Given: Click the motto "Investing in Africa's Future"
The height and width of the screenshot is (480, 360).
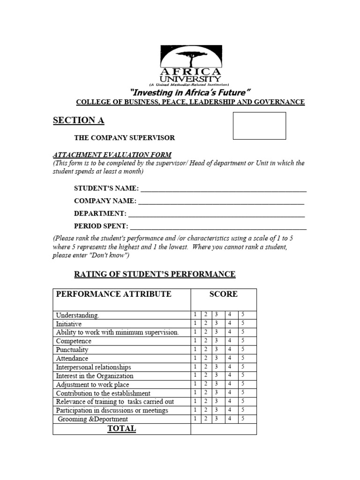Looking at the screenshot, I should pyautogui.click(x=190, y=92).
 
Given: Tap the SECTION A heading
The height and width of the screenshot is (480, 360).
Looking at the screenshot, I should pyautogui.click(x=78, y=120).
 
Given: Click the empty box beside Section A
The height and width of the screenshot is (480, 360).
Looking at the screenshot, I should pyautogui.click(x=259, y=126).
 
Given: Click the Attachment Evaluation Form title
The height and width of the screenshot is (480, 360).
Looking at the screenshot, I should pyautogui.click(x=112, y=155).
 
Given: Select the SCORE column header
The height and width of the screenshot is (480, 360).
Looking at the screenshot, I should pyautogui.click(x=223, y=294).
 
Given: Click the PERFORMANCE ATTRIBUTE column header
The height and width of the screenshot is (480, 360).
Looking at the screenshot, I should pyautogui.click(x=114, y=294).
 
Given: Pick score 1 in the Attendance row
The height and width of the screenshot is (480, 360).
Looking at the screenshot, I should pyautogui.click(x=195, y=358).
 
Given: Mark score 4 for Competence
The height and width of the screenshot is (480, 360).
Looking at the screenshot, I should pyautogui.click(x=230, y=341).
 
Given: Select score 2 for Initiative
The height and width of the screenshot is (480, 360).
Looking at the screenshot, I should pyautogui.click(x=206, y=323).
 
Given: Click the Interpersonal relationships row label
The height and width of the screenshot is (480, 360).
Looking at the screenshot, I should pyautogui.click(x=94, y=367).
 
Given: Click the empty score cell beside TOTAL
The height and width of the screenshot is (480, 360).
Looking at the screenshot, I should pyautogui.click(x=223, y=429).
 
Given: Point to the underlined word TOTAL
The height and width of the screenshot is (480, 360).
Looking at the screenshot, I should pyautogui.click(x=121, y=428).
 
